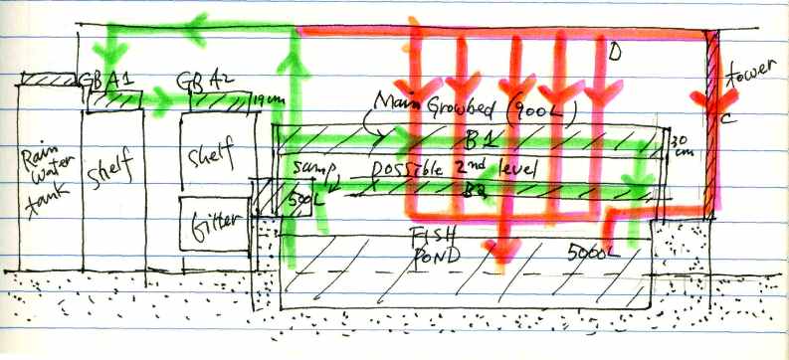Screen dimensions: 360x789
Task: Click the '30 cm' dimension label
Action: [x=680, y=147]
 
